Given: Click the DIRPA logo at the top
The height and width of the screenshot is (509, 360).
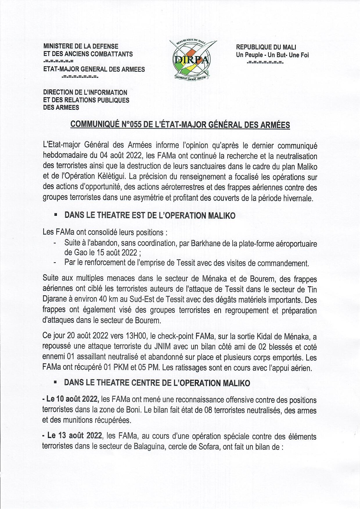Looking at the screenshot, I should pyautogui.click(x=191, y=60).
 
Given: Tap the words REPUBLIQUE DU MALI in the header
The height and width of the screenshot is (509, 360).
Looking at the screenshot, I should pyautogui.click(x=266, y=47).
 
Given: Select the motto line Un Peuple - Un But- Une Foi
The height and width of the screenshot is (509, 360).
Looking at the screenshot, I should pyautogui.click(x=272, y=55).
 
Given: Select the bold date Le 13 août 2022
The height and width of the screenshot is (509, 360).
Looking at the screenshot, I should pyautogui.click(x=74, y=436).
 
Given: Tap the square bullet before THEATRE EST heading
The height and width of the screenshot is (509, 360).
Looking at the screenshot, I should pyautogui.click(x=55, y=215).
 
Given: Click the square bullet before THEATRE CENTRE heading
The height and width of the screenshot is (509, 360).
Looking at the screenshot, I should pyautogui.click(x=55, y=382).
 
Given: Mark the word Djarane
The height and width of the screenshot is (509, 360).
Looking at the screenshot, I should pyautogui.click(x=54, y=300).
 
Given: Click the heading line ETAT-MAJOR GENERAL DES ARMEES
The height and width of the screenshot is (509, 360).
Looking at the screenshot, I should pyautogui.click(x=94, y=69).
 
